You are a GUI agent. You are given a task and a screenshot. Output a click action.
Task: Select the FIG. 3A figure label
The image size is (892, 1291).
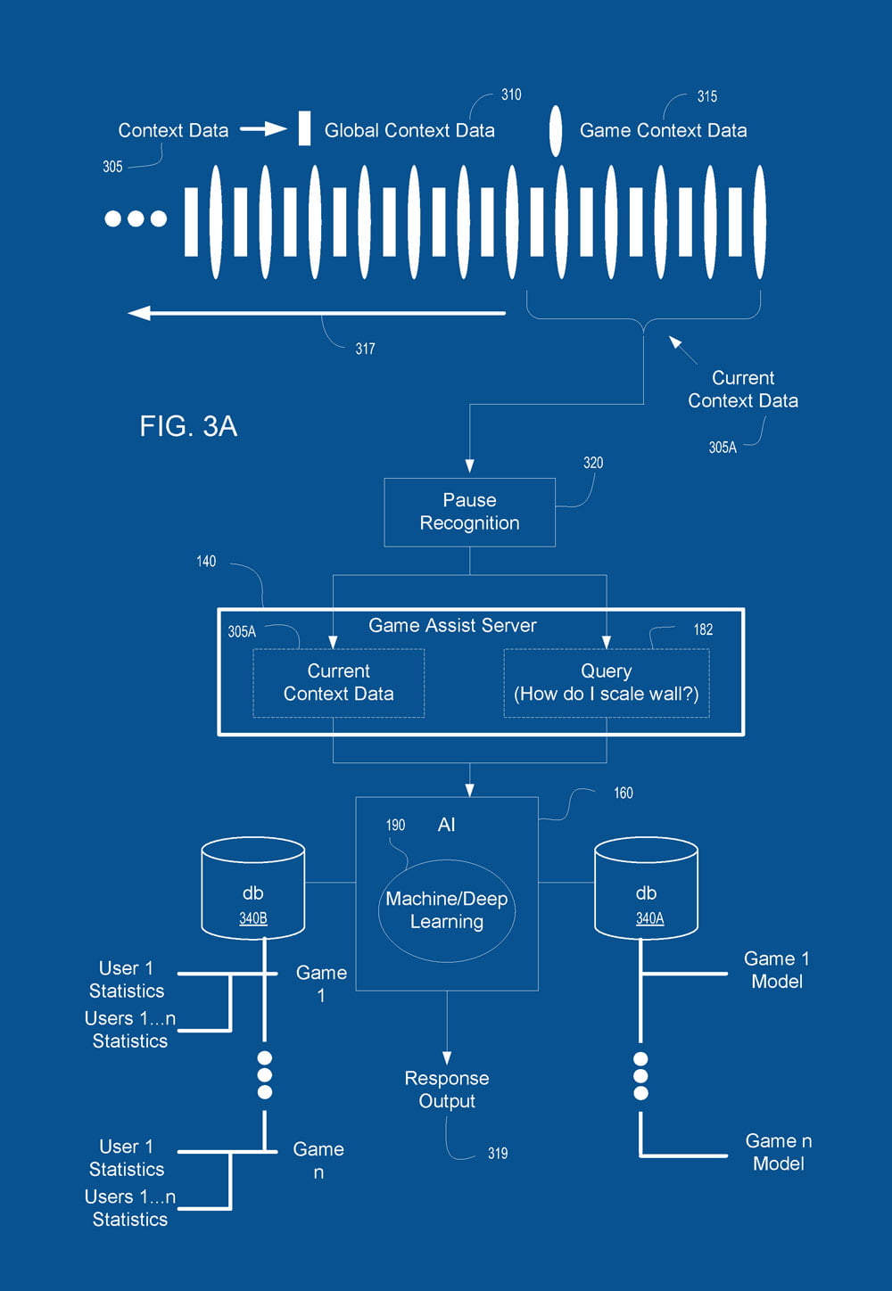(188, 426)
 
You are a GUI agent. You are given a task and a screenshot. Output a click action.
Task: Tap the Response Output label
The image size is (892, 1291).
(447, 1090)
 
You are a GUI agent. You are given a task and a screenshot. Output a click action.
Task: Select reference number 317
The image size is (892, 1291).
(365, 349)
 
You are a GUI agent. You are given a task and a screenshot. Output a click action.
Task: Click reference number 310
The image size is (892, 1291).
(511, 95)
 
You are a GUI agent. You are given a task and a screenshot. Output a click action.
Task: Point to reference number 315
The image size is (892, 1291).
(707, 96)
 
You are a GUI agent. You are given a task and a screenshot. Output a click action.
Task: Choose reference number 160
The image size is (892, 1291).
(623, 793)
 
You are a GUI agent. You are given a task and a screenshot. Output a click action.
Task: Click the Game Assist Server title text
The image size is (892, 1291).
(452, 625)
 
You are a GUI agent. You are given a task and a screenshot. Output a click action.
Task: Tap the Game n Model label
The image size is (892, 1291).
(779, 1152)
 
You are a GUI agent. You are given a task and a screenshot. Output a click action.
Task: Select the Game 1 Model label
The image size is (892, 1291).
(777, 970)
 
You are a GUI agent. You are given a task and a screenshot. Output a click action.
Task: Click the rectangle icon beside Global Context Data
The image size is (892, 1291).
(304, 128)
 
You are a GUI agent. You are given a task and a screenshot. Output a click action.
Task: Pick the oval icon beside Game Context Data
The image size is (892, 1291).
(555, 131)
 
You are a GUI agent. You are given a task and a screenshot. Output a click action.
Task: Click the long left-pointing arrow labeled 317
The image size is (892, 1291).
(317, 313)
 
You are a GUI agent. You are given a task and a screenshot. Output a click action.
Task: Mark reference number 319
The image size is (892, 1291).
(498, 1154)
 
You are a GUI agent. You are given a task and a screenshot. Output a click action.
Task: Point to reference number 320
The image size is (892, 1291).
(593, 463)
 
